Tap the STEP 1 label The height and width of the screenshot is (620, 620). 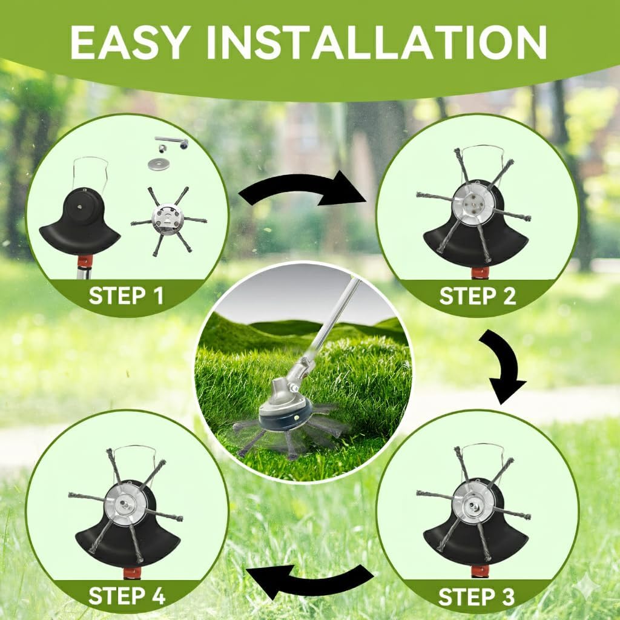coord(126,296)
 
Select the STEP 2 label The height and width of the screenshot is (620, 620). coord(477,297)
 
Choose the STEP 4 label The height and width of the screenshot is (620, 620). coord(127,596)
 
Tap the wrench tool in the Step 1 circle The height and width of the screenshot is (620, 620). coord(173,143)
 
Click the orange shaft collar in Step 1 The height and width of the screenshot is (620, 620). coord(85,261)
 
